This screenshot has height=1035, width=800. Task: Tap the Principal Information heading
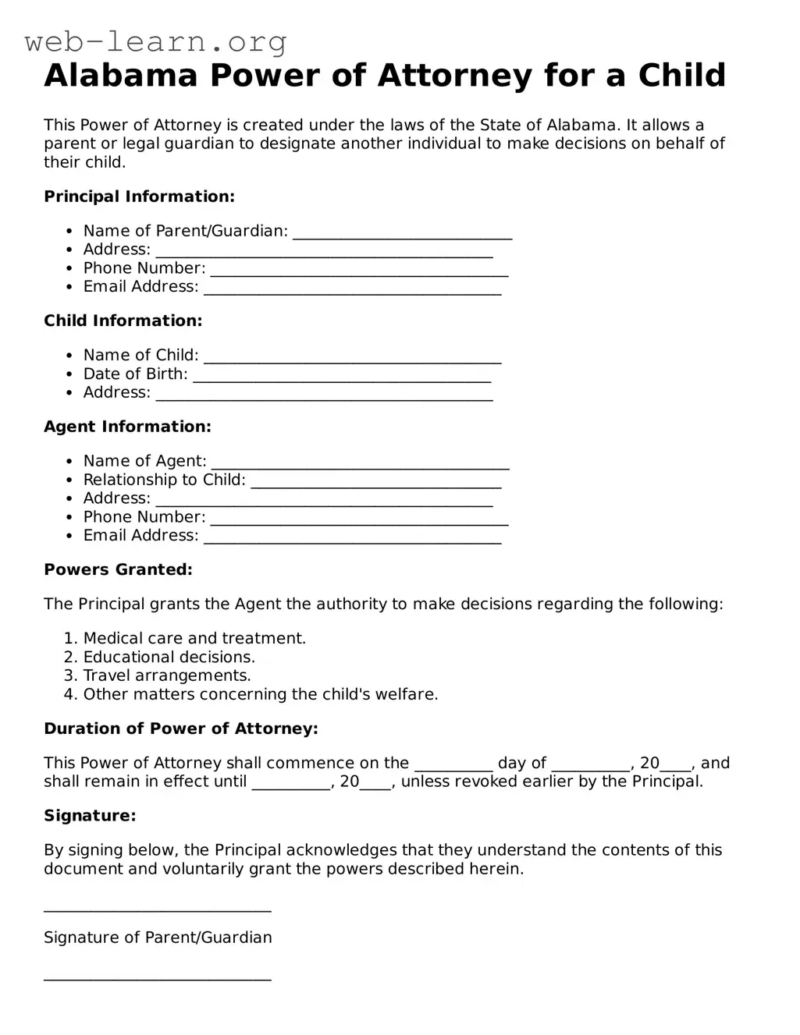point(139,197)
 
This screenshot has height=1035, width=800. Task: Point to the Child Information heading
point(123,321)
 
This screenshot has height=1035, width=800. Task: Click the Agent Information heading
point(127,427)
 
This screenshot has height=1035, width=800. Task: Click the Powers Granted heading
point(118,569)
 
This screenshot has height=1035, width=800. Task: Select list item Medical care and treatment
point(194,638)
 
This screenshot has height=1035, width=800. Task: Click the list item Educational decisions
point(169,657)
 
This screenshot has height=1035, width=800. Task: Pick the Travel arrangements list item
point(167,675)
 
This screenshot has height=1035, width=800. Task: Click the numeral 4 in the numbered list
point(69,694)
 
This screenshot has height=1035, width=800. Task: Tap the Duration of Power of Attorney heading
point(180,728)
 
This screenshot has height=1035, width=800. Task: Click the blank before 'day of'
point(453,765)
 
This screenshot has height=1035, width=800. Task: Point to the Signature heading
point(90,816)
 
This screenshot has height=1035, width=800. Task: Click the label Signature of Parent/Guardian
point(158,938)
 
